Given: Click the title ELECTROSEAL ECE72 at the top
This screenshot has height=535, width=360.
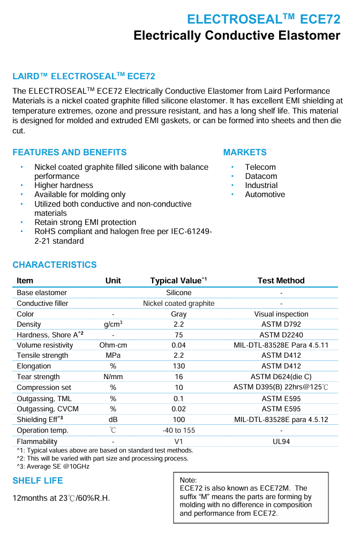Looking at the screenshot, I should point(264,19).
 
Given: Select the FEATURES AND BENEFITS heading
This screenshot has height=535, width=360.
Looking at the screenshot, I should point(70,152).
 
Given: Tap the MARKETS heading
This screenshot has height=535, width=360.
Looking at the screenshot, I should point(245,152).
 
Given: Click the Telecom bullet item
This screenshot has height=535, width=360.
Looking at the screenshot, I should point(260,167).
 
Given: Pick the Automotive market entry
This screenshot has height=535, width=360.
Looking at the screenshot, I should point(265,194).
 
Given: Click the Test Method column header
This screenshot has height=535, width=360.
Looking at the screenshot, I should point(281,281).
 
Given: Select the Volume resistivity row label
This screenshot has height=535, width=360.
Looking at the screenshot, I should point(45,345).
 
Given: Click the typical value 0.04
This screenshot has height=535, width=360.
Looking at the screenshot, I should point(178,345).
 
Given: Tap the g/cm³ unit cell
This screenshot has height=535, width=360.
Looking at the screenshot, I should point(113,324).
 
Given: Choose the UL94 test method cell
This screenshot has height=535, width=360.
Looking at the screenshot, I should point(281,442).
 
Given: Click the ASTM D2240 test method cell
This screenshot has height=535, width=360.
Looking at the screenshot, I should point(281,335).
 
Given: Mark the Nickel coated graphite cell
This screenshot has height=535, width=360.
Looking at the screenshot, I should point(178,303).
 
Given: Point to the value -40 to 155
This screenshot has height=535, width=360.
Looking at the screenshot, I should point(178,431).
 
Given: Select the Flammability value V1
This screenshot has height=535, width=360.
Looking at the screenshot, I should point(178,442).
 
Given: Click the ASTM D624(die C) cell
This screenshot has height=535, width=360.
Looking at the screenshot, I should point(281,376).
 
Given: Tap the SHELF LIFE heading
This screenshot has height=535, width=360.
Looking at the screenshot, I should point(37,481).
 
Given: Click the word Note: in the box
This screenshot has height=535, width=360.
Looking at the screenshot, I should point(189,480).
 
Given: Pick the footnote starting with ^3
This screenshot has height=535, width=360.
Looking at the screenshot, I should point(53,466).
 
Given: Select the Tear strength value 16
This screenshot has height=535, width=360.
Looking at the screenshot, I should point(178,376).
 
